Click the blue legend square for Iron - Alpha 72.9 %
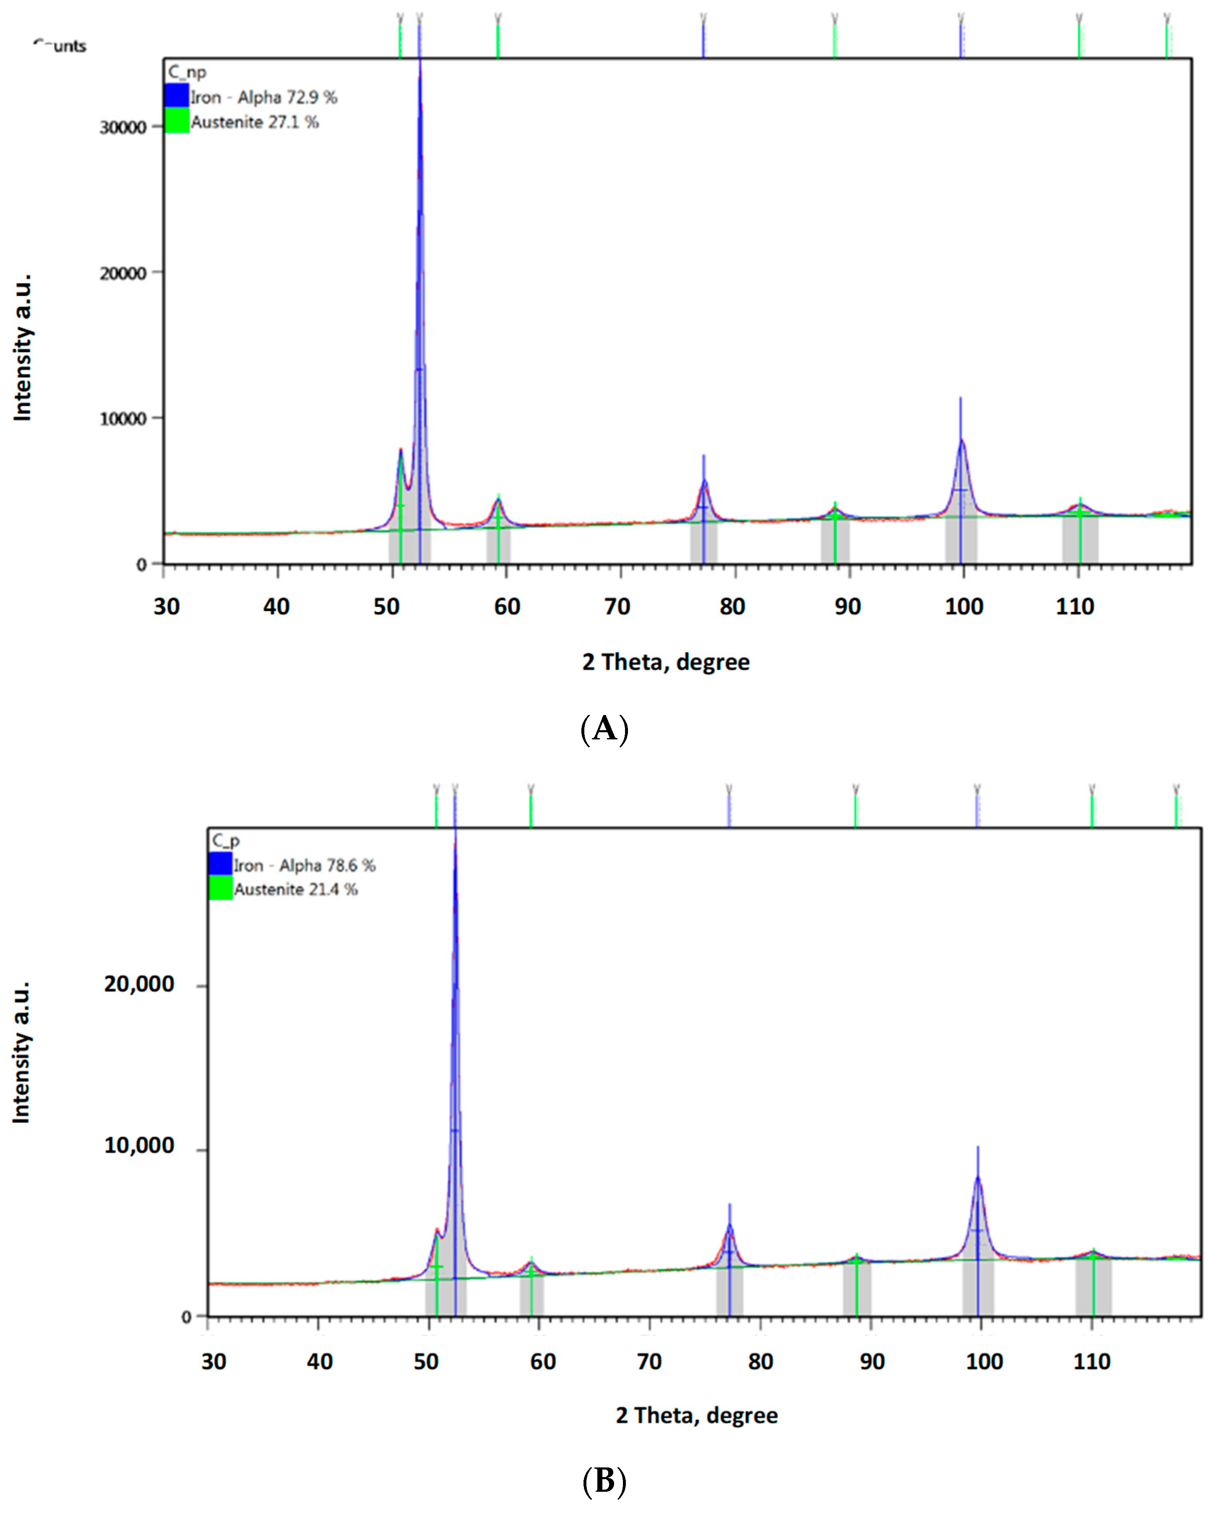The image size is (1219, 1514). (176, 96)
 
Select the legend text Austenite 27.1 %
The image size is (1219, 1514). (255, 122)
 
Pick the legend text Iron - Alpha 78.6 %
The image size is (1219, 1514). (304, 865)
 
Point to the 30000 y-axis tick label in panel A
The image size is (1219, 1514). (123, 127)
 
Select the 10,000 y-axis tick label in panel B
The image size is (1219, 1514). (139, 1146)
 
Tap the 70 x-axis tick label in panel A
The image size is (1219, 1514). (617, 606)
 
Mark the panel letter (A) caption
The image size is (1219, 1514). (604, 729)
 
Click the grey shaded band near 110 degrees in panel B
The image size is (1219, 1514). (1093, 1286)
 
